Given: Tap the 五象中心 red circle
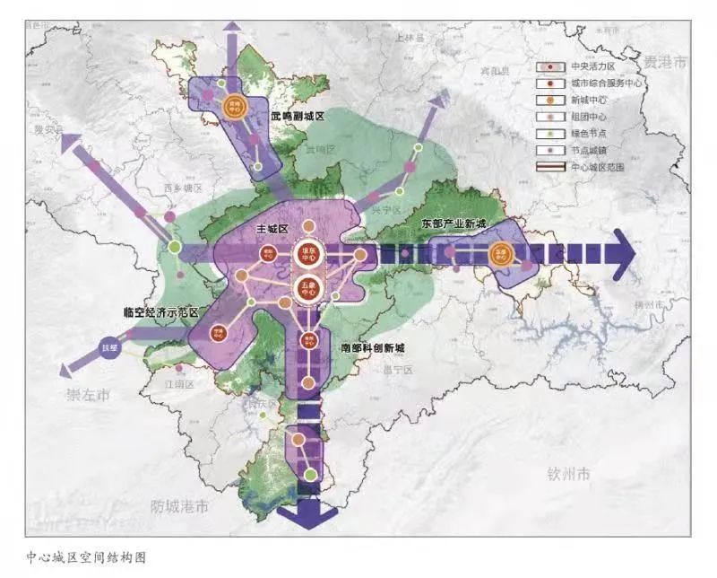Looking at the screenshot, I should click(307, 288).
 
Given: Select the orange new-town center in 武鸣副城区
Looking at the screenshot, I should click(235, 106).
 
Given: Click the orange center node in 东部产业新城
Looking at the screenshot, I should click(501, 254).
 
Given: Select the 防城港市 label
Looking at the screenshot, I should click(179, 507).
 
